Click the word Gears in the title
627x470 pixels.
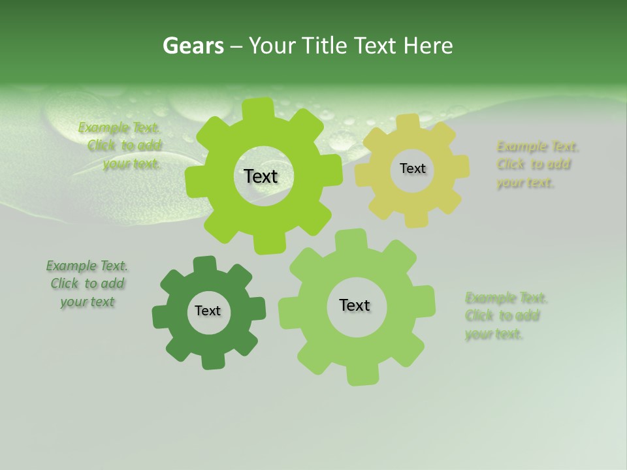tap(193, 46)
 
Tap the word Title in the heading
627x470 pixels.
tap(323, 46)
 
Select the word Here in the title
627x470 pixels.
tap(428, 46)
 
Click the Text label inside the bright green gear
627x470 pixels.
tap(261, 176)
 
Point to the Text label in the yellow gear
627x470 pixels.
tap(412, 168)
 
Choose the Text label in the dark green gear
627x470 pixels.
tap(208, 311)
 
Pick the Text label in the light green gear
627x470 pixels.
tap(355, 305)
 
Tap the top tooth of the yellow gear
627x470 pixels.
tap(408, 121)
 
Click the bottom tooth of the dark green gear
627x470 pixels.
tap(212, 361)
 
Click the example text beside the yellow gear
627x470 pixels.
tap(537, 164)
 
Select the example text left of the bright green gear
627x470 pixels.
tap(121, 146)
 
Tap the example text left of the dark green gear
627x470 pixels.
tap(87, 283)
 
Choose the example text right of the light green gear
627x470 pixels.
tap(506, 316)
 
